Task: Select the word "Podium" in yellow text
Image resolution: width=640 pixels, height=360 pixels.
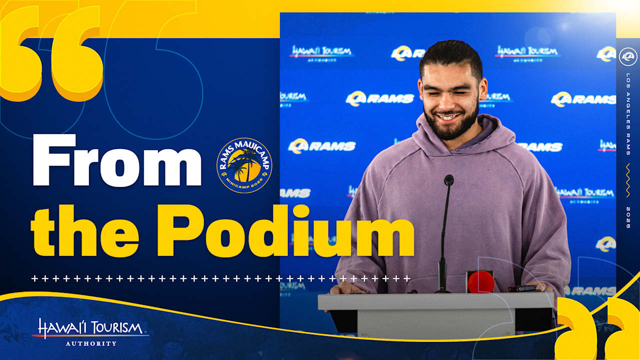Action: (285, 231)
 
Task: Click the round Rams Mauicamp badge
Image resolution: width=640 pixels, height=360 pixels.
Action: (244, 165)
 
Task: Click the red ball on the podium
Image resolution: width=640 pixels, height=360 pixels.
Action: (481, 282)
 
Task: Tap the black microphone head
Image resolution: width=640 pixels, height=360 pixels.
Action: (448, 180)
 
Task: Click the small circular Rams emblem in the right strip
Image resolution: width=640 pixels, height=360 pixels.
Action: (628, 57)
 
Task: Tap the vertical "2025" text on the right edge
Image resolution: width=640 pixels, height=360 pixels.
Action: (628, 218)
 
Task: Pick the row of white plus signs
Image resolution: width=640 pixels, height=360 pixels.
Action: (220, 278)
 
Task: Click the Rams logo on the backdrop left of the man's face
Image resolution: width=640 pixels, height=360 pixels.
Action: (380, 98)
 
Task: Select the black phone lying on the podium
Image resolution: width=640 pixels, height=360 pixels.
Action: (521, 288)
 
